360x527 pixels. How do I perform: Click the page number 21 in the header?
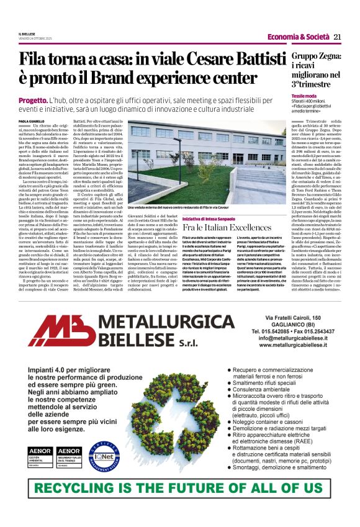[x=338, y=37]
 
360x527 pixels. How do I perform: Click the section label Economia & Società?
[x=299, y=37]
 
